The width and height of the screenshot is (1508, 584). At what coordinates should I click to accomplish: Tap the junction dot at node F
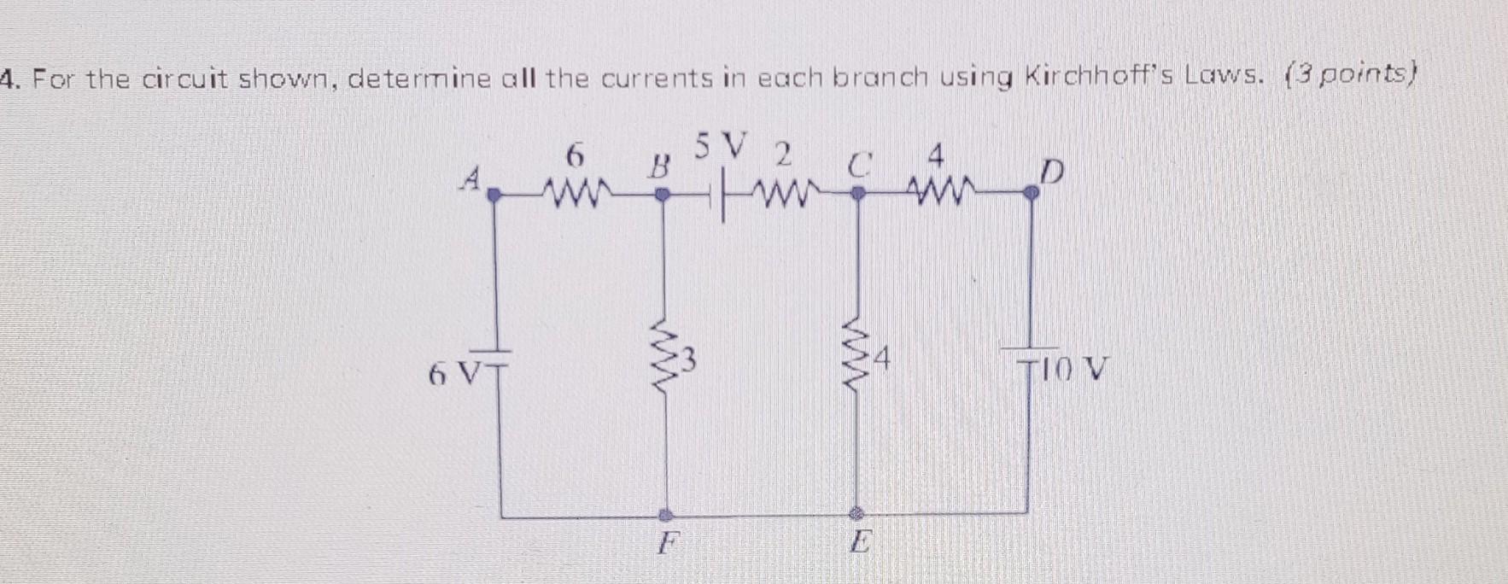(x=667, y=515)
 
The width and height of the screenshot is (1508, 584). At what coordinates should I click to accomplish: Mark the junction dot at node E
(x=858, y=514)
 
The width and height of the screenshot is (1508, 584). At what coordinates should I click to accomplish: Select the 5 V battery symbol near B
(x=718, y=196)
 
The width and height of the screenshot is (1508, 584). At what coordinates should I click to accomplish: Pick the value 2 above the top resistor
(x=781, y=155)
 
